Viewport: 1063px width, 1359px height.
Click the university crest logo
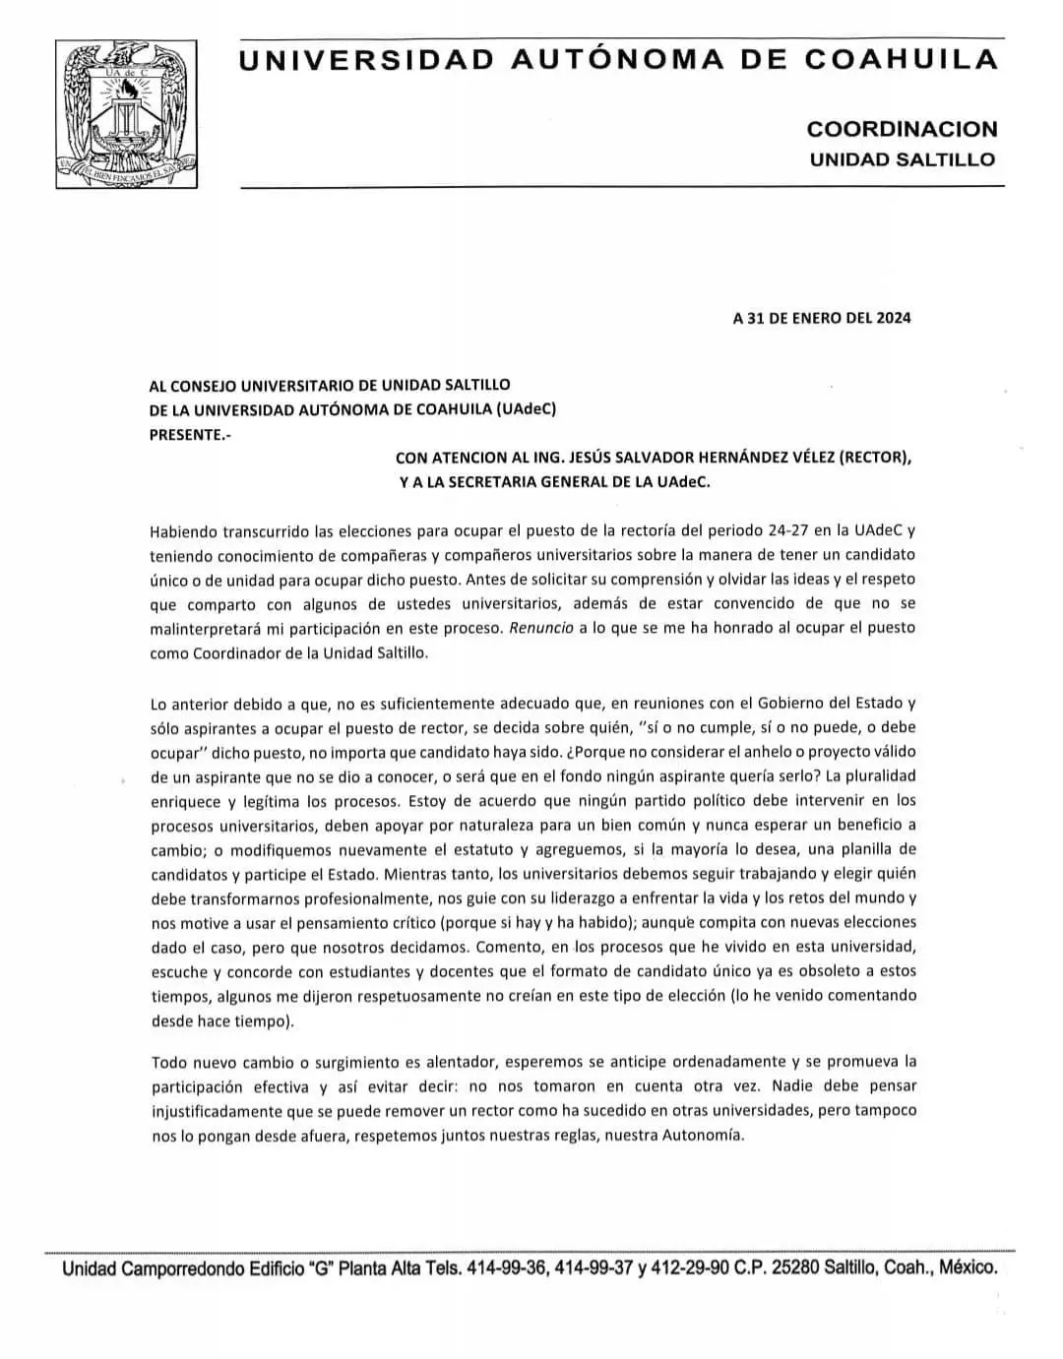[x=126, y=114]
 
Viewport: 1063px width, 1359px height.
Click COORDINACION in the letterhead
[x=902, y=129]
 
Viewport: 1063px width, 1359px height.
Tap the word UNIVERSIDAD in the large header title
[x=367, y=60]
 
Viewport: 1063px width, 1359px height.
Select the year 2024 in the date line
[x=893, y=318]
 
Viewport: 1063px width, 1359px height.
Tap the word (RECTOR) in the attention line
[x=875, y=458]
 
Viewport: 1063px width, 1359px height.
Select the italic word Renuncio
[x=541, y=627]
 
